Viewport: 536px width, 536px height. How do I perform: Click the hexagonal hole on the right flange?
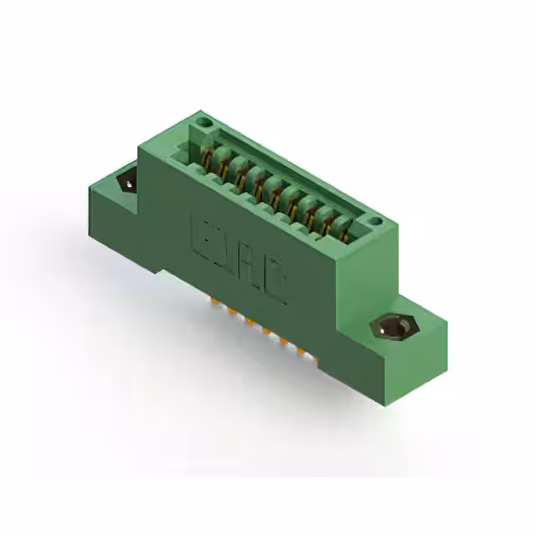[389, 326]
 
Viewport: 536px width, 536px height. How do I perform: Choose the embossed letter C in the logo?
[277, 286]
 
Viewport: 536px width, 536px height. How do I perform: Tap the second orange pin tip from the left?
[230, 311]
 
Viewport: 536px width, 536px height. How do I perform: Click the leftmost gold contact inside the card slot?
[207, 157]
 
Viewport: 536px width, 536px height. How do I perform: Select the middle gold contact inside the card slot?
[273, 191]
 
